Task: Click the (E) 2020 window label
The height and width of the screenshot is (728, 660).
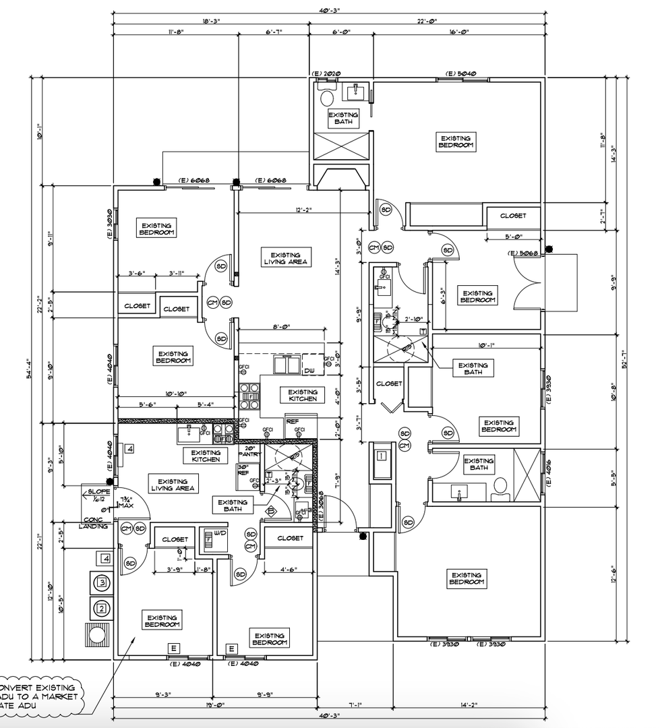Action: (x=325, y=73)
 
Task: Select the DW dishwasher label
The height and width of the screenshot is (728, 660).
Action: (x=310, y=371)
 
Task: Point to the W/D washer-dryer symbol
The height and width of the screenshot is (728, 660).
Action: (x=209, y=538)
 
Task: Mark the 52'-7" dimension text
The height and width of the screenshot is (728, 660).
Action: (x=626, y=364)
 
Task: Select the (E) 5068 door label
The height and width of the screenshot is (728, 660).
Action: (x=523, y=253)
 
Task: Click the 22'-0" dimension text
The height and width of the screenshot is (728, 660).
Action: (x=427, y=21)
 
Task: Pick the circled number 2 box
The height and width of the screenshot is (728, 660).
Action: (x=101, y=609)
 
